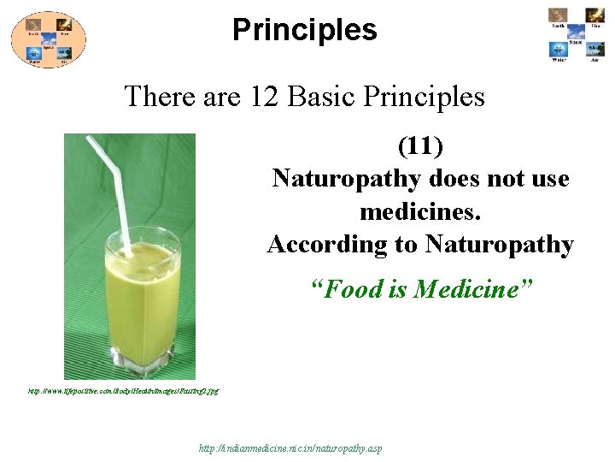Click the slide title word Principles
[304, 30]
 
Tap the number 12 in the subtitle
[265, 96]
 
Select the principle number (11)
[420, 146]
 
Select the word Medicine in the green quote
[471, 290]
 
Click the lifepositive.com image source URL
[123, 391]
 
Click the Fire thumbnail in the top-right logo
[594, 15]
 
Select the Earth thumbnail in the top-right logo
[558, 15]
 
